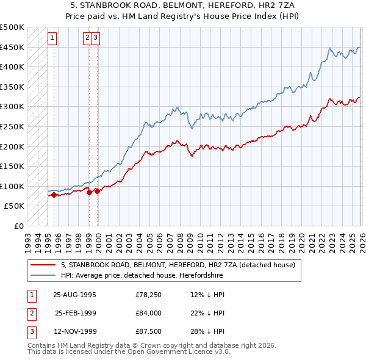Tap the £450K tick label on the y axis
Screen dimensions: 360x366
point(12,47)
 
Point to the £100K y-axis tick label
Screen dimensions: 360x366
point(12,186)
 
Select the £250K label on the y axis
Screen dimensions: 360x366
point(12,126)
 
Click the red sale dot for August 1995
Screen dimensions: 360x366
point(54,195)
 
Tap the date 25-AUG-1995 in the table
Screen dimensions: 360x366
point(74,294)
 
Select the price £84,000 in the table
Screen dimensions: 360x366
point(148,313)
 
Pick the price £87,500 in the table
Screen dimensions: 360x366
point(148,333)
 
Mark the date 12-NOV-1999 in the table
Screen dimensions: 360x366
point(74,333)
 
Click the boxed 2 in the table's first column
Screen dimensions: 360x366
point(29,313)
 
